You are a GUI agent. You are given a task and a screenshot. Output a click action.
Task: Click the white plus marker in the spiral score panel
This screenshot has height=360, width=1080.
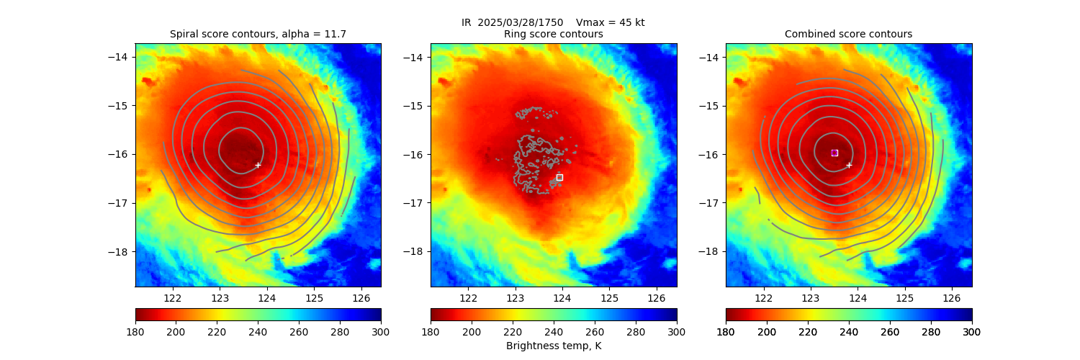(x=258, y=165)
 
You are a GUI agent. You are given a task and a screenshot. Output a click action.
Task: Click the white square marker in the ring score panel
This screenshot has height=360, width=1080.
(x=559, y=177)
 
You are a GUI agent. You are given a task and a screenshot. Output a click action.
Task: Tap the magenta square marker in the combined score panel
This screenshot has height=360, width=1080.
(x=834, y=153)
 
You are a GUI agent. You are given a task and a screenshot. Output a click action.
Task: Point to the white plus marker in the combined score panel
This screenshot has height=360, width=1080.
(x=849, y=165)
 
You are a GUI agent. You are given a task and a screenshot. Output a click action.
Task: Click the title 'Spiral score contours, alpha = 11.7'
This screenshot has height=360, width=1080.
(x=258, y=34)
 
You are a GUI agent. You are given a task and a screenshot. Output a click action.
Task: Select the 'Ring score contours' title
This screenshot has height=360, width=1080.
(x=554, y=34)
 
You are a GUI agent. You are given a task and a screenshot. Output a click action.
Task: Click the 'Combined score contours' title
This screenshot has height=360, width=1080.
(x=848, y=34)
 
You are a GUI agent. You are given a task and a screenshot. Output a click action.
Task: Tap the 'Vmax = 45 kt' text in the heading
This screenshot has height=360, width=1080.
(x=611, y=22)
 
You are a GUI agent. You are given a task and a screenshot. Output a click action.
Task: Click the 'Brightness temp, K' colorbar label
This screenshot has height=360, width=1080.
(x=554, y=346)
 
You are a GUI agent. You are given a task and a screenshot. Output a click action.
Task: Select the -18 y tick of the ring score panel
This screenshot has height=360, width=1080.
(x=415, y=251)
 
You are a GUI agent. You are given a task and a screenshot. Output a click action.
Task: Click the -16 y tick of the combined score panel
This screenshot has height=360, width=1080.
(x=711, y=154)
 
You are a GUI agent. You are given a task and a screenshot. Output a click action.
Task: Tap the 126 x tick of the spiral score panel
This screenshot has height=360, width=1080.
(x=361, y=297)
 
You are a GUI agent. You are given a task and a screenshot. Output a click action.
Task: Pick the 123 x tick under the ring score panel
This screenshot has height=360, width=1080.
(x=516, y=297)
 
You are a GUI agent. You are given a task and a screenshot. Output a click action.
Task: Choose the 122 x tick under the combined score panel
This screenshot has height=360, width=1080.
(x=764, y=297)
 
